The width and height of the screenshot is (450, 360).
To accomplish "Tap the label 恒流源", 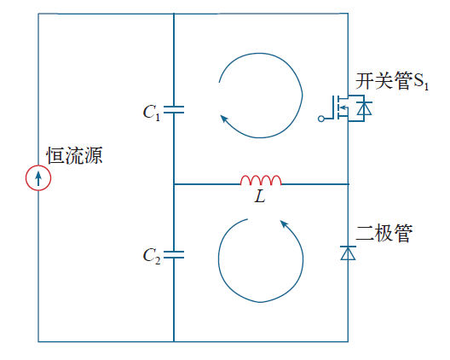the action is (75, 155).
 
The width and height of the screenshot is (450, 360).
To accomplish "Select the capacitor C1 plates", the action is (174, 109).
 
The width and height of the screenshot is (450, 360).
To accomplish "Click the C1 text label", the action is (151, 112).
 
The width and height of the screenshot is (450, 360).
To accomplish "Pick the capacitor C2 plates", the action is (174, 254).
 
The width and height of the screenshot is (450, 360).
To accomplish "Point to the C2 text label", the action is (152, 256).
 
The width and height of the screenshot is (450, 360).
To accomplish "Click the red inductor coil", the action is (261, 180).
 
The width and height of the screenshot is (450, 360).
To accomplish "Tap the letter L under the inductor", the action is (260, 197).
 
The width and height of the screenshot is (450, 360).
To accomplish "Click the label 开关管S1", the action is (392, 81).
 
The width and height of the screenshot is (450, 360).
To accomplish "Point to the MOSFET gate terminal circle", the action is (321, 119).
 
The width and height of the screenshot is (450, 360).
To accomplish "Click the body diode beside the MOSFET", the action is (364, 108).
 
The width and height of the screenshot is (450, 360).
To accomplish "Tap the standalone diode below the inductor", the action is (348, 253).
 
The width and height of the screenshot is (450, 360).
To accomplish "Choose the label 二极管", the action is (384, 233).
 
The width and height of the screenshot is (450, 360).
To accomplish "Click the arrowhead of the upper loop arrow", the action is (224, 118).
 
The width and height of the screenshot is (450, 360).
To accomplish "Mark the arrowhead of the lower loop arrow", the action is (284, 224).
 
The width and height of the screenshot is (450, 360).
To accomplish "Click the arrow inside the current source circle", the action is (38, 178).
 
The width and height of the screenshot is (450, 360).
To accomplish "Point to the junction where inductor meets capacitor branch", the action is (174, 184).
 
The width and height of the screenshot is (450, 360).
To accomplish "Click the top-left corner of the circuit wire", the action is (38, 13).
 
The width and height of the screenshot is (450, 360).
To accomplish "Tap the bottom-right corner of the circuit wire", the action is (348, 341).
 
